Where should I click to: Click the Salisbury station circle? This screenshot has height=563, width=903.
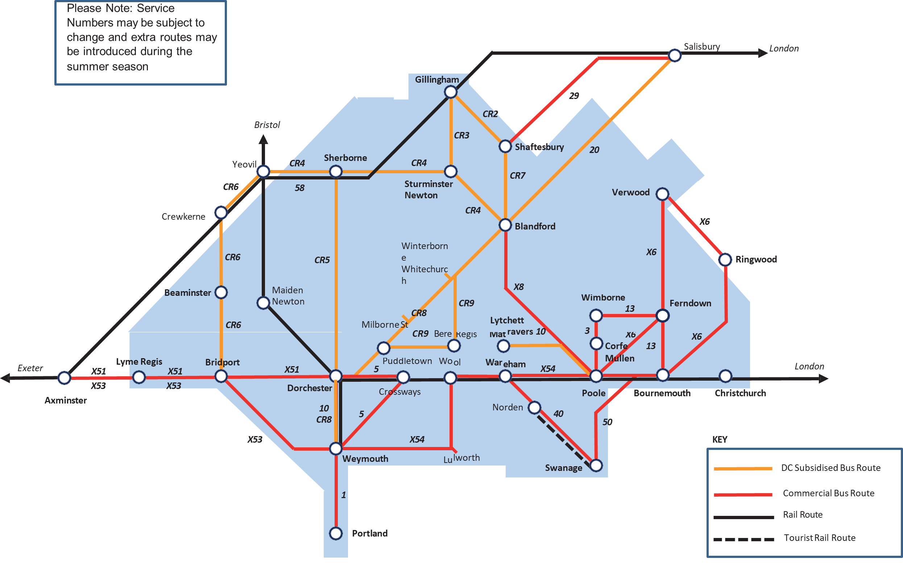click(675, 55)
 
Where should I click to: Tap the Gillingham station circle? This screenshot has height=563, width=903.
click(450, 92)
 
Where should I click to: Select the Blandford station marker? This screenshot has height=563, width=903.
click(505, 225)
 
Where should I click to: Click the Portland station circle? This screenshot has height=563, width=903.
click(336, 533)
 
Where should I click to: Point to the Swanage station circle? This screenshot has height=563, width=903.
click(596, 465)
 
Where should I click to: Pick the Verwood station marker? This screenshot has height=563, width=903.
click(662, 194)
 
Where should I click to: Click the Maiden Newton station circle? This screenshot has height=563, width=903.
click(263, 303)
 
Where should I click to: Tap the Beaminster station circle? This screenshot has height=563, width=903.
click(221, 292)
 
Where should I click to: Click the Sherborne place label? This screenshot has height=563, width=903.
click(345, 158)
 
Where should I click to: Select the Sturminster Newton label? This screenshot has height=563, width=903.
click(428, 190)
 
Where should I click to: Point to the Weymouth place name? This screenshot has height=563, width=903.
click(365, 459)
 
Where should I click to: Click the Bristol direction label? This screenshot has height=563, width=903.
click(267, 125)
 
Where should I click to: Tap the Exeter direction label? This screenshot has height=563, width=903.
click(30, 368)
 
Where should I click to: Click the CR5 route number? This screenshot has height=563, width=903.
click(322, 260)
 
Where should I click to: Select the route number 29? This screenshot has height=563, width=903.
click(574, 96)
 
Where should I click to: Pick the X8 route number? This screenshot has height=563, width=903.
click(518, 287)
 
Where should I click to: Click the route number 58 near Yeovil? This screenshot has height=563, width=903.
click(300, 188)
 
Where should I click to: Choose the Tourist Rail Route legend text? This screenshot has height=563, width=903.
click(820, 538)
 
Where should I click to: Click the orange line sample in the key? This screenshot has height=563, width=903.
click(742, 468)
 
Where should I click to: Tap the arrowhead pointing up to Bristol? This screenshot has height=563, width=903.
click(263, 139)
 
